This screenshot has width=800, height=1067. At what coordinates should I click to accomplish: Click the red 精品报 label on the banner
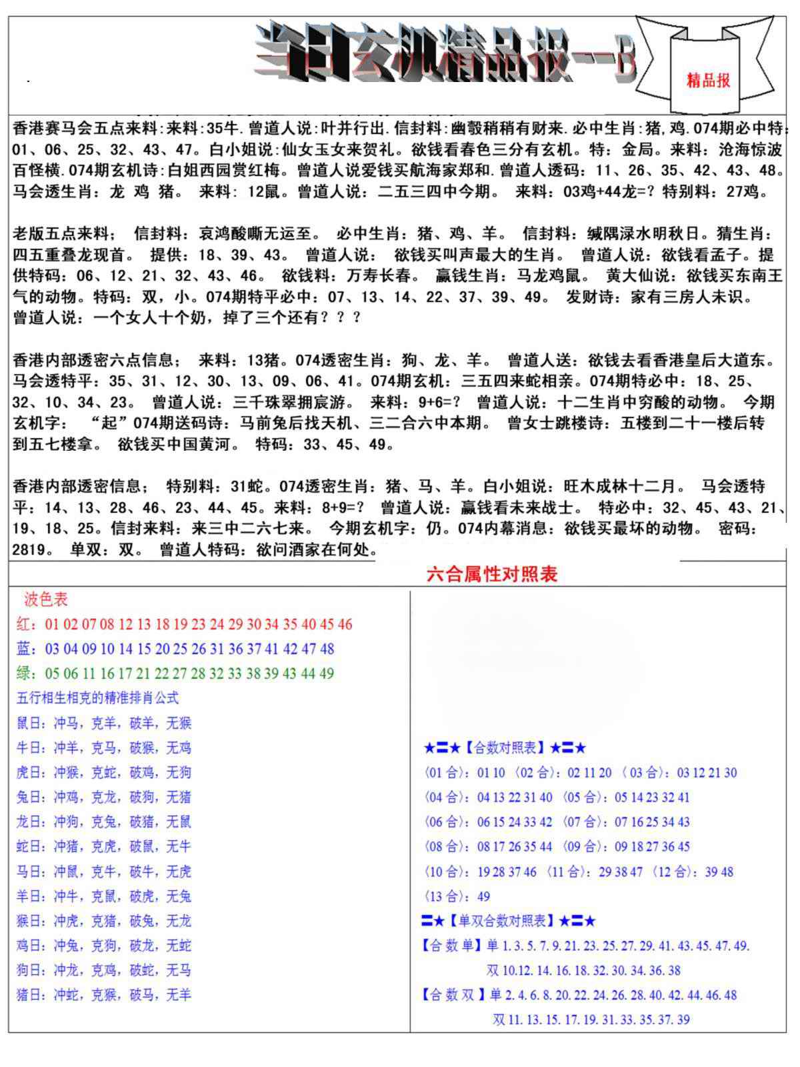[708, 81]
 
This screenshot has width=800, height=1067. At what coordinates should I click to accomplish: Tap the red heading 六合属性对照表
[491, 574]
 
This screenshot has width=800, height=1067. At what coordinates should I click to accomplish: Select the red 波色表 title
[46, 599]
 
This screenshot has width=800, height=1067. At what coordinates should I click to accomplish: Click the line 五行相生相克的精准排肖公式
[97, 698]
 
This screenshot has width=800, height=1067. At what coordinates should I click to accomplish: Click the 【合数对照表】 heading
[505, 748]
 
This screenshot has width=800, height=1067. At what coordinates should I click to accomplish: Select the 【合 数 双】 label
[452, 995]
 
